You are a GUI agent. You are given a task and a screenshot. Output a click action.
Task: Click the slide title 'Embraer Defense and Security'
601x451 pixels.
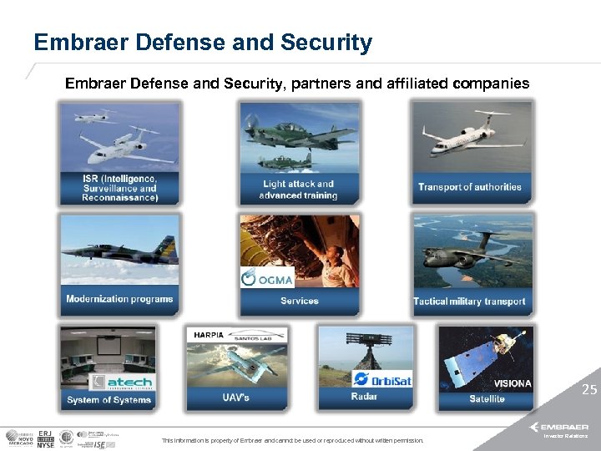[203, 43]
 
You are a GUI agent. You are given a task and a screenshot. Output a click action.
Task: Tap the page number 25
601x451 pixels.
[589, 389]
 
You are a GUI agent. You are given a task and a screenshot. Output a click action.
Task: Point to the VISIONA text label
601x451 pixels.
[512, 383]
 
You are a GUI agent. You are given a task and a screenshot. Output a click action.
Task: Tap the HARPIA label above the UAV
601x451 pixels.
[209, 335]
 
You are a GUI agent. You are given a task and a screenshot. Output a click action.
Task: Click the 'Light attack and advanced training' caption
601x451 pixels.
[299, 190]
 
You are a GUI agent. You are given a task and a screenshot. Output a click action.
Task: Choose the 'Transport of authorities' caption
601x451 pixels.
[469, 187]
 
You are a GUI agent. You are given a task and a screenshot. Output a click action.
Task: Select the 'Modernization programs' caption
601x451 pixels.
[119, 299]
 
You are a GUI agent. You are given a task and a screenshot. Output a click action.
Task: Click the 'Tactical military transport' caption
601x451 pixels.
[469, 302]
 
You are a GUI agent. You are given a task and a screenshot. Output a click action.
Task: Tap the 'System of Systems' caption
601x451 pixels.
[109, 400]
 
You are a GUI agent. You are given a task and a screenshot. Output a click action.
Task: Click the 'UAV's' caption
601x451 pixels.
[235, 397]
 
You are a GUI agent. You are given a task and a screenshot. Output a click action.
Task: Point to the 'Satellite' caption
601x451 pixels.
[487, 399]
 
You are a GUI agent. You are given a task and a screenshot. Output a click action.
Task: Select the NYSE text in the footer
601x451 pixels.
[46, 443]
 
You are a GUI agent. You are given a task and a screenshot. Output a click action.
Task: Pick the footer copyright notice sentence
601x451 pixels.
[292, 440]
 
